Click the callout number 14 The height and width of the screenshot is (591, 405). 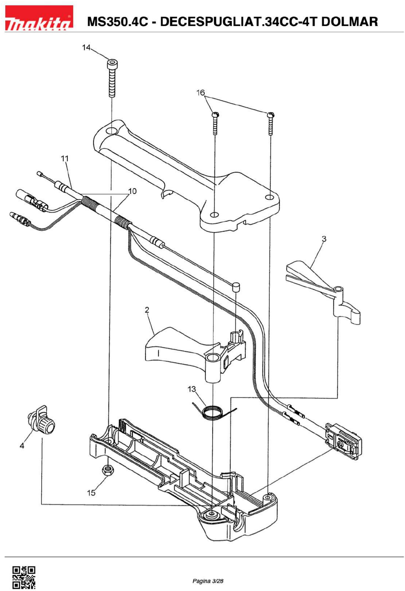click(86, 48)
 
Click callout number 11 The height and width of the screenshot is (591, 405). click(65, 158)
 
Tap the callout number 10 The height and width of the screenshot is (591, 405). click(132, 191)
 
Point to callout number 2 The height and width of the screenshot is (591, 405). click(147, 310)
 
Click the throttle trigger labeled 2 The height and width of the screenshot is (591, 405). click(193, 353)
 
